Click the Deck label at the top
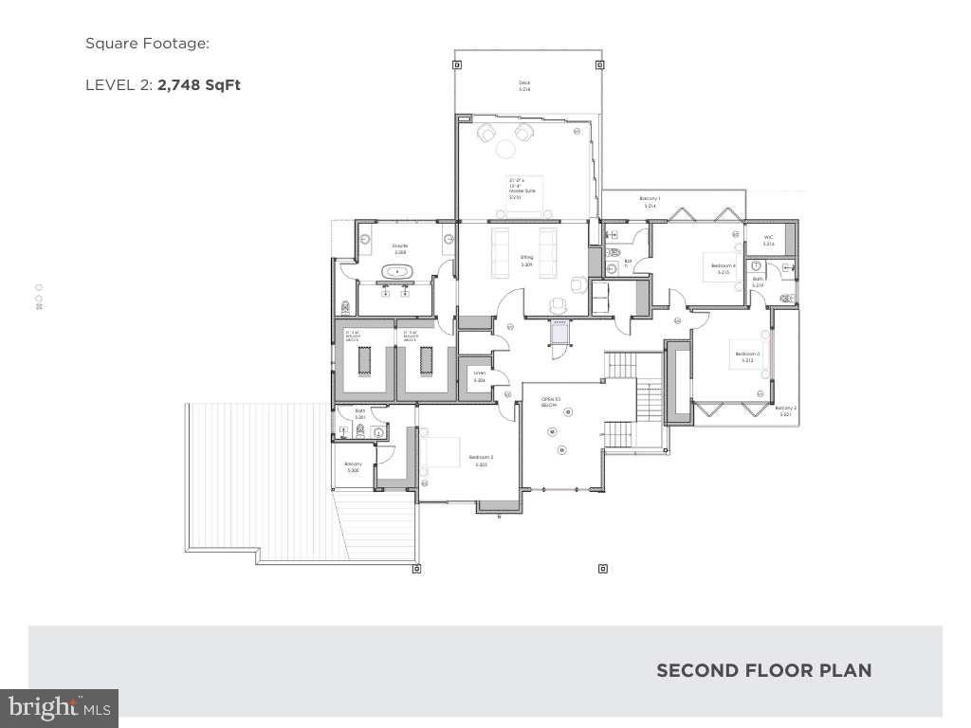coord(524,85)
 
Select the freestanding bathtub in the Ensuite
coord(397,273)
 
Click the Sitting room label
coord(526,260)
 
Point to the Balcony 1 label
coord(650,201)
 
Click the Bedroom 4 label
coord(724,268)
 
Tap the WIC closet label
coord(769,241)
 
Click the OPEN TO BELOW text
coord(549,402)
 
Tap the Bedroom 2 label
coord(480,460)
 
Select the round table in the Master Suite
coord(506,149)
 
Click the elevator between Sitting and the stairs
coord(559,336)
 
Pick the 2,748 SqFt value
coord(199,84)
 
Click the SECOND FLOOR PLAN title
coord(763,670)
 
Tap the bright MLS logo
coord(59,707)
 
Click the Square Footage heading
coord(147,43)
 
